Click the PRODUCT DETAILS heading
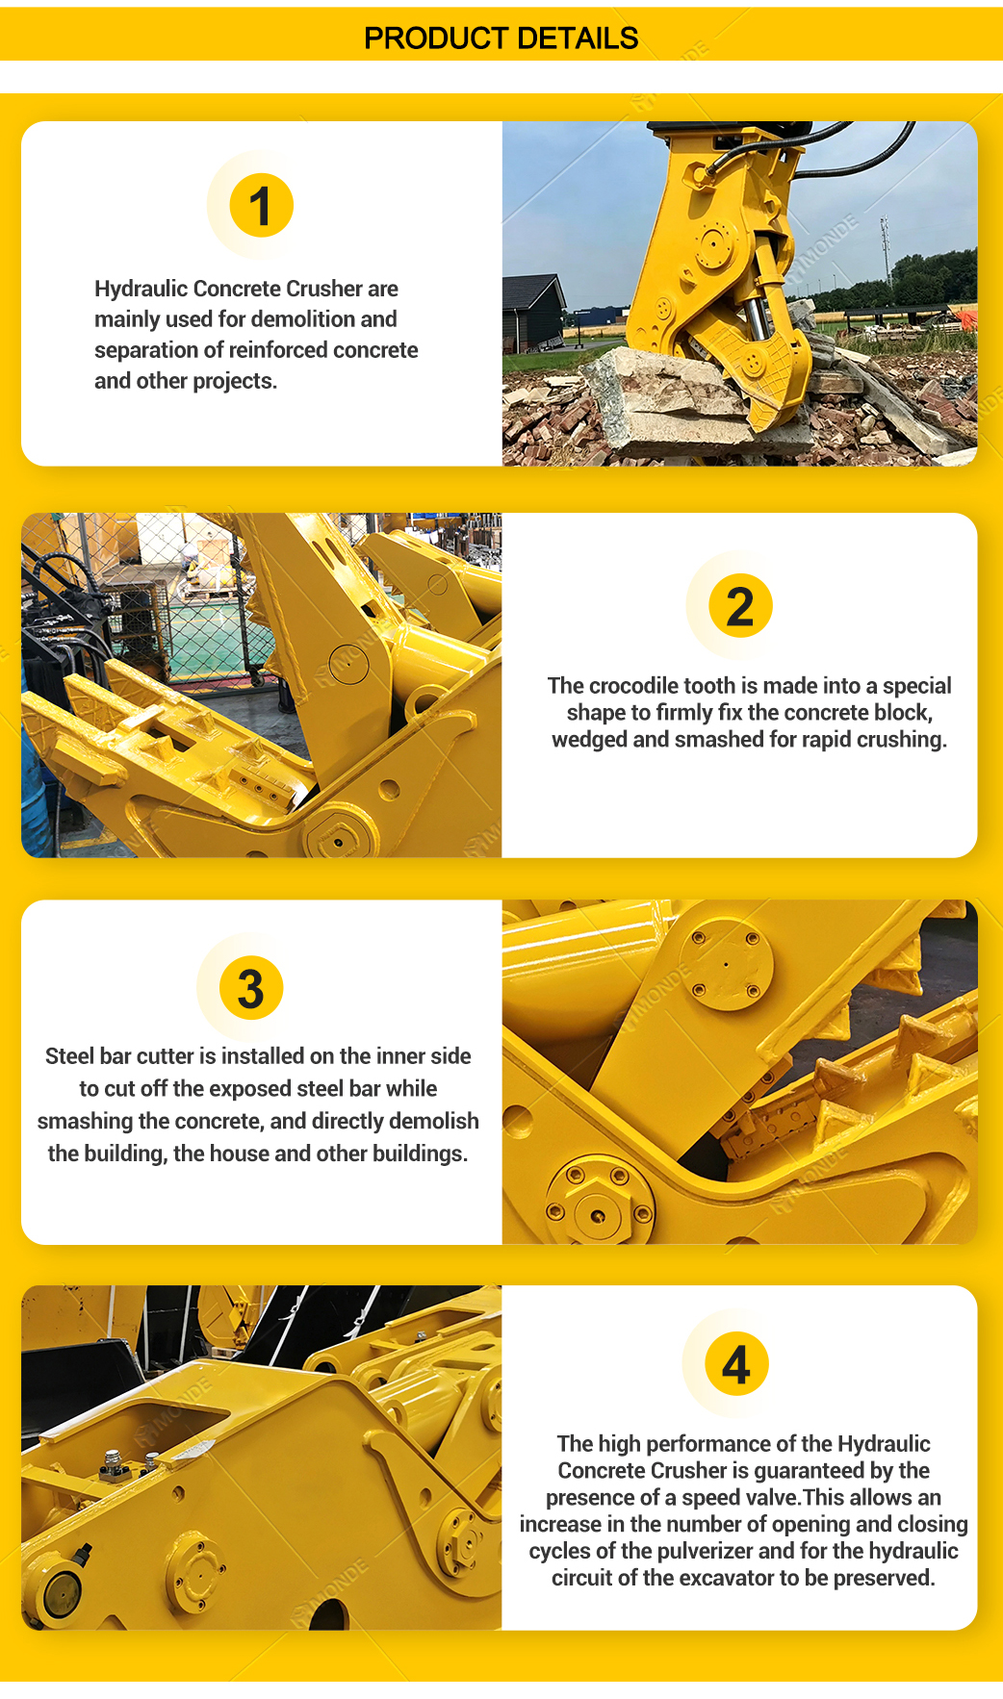pyautogui.click(x=501, y=38)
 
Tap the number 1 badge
pyautogui.click(x=261, y=205)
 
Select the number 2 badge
pyautogui.click(x=740, y=605)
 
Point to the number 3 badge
pyautogui.click(x=251, y=988)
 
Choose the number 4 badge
pyautogui.click(x=736, y=1364)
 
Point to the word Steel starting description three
pyautogui.click(x=69, y=1056)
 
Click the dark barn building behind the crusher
pyautogui.click(x=534, y=313)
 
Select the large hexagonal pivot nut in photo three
pyautogui.click(x=599, y=1214)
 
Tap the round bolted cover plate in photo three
pyautogui.click(x=726, y=963)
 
